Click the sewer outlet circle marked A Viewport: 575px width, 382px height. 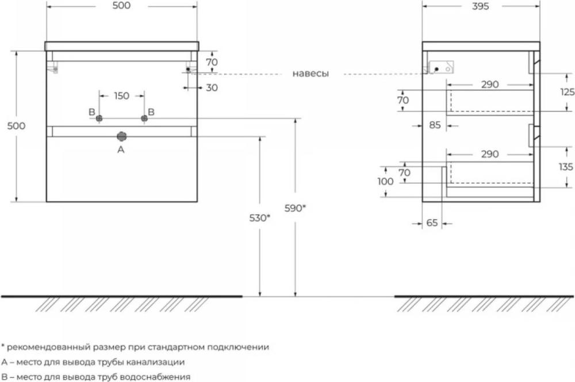point(122,136)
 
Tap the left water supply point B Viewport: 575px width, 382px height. point(99,118)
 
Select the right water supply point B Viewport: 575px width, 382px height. point(144,118)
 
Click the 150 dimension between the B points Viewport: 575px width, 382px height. point(121,96)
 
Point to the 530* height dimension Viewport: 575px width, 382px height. point(260,218)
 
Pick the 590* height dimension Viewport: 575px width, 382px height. point(295,208)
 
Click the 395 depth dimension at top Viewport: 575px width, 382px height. point(480,6)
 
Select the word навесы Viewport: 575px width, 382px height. point(310,74)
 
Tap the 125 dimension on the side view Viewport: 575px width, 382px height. point(568,91)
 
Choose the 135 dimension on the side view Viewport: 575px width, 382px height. point(566,167)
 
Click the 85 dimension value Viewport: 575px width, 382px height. point(435,125)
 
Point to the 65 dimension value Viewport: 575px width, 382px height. point(432,223)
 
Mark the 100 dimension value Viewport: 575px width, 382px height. point(385,181)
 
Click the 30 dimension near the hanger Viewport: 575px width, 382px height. point(212,87)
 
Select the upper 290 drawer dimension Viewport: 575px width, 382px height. point(490,85)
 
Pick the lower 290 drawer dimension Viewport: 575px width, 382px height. point(490,154)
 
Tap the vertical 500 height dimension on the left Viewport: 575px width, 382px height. point(17,126)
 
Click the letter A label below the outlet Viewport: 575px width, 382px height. point(121,150)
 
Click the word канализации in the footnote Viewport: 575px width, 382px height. point(155,362)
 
